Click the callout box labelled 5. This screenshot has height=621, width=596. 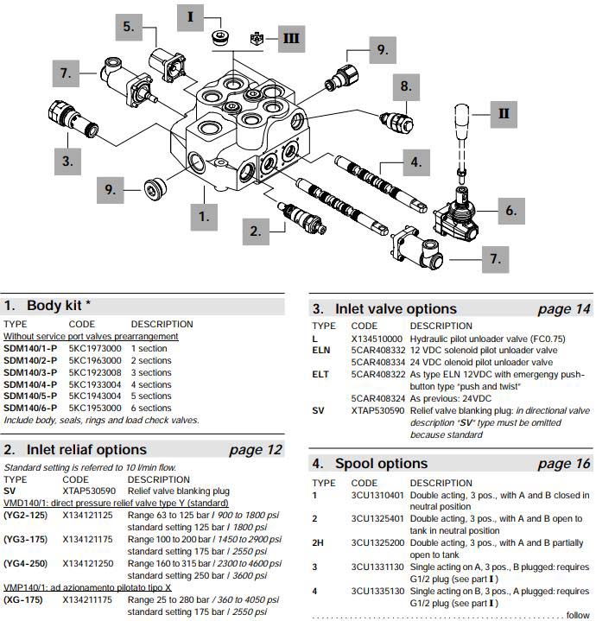tap(129, 27)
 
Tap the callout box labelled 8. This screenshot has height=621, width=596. tap(406, 86)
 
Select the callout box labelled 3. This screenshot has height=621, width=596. tap(66, 161)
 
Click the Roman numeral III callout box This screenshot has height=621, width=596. tap(290, 37)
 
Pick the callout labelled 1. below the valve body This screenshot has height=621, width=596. tap(204, 216)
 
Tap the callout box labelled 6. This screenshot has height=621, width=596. tap(510, 209)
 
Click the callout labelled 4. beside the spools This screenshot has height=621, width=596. tap(416, 161)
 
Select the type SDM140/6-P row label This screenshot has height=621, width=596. tap(30, 408)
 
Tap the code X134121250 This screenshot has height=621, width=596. tap(87, 564)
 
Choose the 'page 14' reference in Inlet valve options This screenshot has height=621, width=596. tap(564, 309)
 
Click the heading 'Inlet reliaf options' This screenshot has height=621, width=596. tap(86, 449)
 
